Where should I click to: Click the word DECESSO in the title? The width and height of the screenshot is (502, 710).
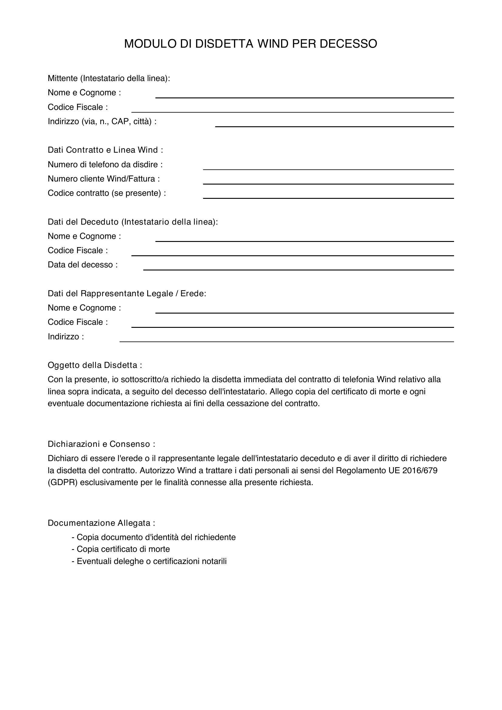[348, 44]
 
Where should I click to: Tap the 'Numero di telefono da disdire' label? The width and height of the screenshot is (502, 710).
[105, 165]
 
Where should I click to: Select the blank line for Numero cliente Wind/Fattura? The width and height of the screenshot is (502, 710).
[328, 183]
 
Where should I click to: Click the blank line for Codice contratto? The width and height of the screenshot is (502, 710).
[328, 198]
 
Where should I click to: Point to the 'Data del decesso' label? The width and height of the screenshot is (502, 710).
[83, 265]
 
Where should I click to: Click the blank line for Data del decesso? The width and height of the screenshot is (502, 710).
[298, 269]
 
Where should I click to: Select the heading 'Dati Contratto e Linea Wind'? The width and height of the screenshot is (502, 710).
[105, 150]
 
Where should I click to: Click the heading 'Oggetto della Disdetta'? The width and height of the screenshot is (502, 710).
[95, 365]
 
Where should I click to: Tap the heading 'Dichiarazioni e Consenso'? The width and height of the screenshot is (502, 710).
[101, 444]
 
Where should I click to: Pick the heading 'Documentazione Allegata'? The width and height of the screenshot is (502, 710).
[101, 523]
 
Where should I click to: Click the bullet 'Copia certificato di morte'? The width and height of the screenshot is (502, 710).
[121, 549]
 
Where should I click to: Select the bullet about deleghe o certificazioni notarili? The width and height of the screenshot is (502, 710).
[149, 561]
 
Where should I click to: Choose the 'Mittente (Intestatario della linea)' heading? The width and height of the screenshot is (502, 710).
[109, 79]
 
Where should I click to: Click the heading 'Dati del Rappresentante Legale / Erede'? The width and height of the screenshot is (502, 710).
[127, 294]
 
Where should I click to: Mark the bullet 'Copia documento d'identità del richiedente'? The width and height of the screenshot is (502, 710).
[154, 537]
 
